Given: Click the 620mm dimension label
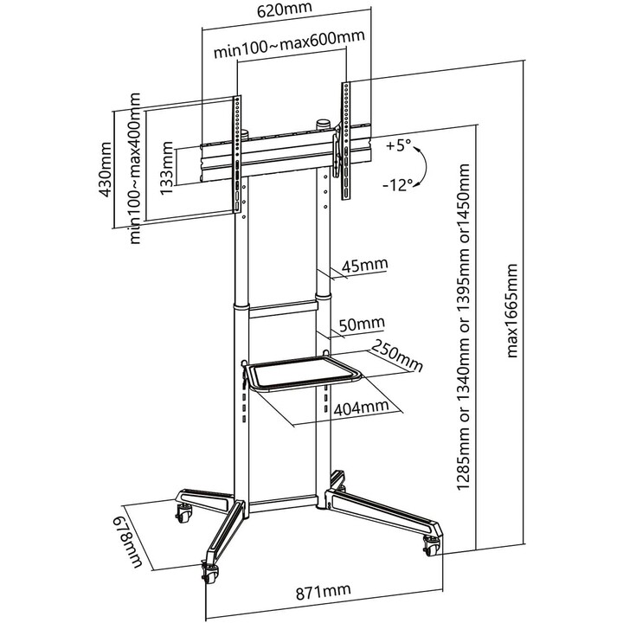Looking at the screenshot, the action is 285,9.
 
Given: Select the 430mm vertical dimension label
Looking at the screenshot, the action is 106,170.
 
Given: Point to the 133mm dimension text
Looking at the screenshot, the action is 167,168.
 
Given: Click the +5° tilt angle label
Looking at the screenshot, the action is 399,145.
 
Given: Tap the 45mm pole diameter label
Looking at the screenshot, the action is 365,265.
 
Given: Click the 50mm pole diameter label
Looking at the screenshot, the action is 362,324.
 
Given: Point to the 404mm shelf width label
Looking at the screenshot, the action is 361,408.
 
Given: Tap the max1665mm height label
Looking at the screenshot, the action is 512,311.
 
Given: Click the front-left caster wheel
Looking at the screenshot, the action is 210,573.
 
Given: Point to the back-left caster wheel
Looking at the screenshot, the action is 184,513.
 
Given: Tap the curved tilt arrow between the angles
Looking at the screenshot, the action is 422,166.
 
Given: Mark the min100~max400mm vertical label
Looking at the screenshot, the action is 136,169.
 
